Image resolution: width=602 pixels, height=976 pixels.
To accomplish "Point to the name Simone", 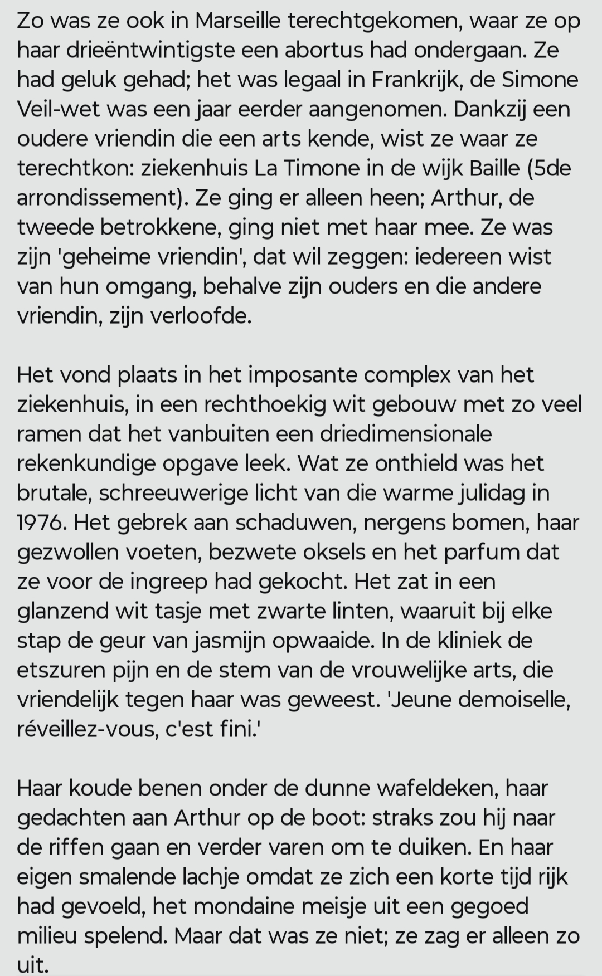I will [540, 80].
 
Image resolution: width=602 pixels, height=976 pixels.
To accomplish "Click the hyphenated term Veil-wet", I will [58, 109].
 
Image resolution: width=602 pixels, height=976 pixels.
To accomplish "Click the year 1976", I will [41, 522].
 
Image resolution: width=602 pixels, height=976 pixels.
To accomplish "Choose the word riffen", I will [76, 847].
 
